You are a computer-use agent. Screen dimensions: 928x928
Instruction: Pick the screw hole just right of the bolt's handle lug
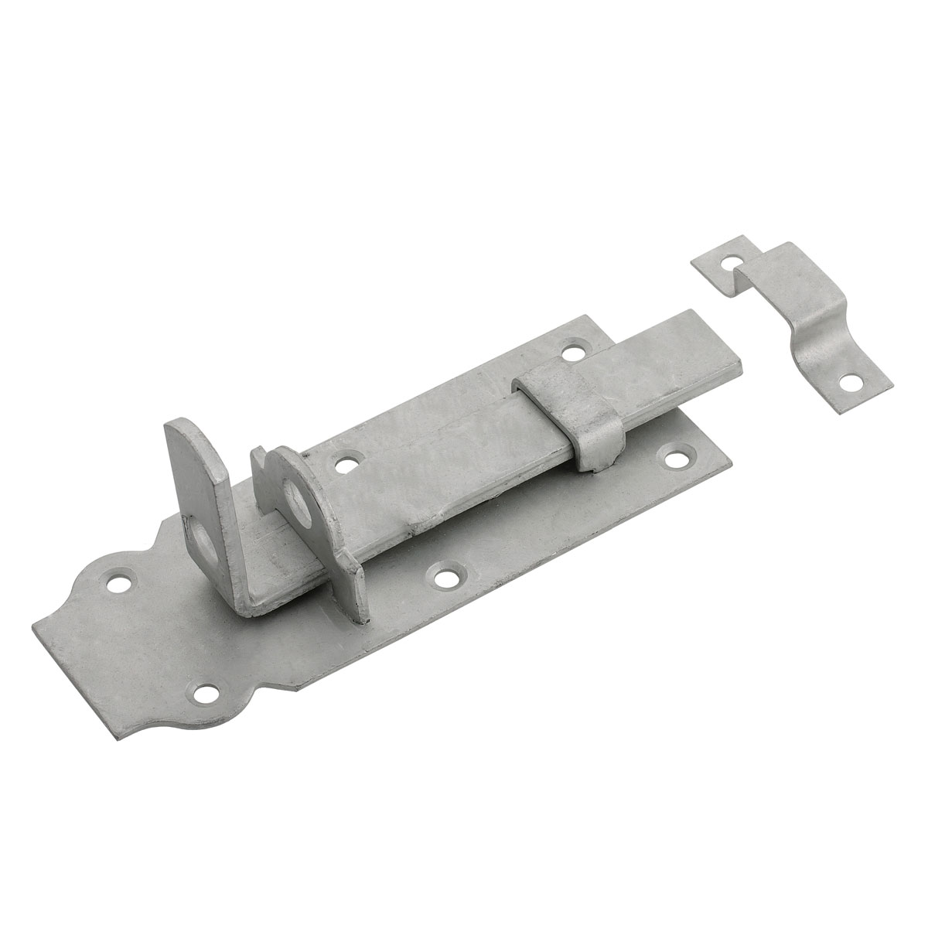(343, 466)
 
